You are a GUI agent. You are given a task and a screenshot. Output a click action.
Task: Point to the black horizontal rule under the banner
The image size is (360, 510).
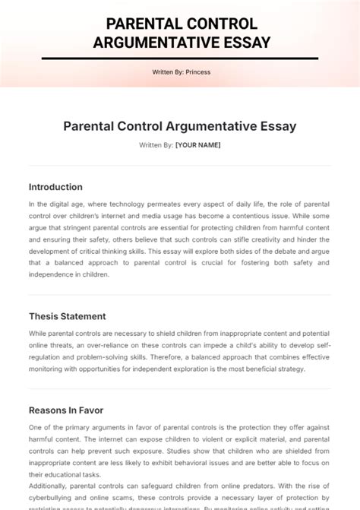179,59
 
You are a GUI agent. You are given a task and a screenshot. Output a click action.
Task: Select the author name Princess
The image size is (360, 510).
197,72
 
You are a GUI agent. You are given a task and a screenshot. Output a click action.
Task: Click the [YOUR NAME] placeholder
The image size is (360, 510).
197,144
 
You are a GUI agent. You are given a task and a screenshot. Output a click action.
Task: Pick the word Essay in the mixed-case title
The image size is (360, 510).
274,126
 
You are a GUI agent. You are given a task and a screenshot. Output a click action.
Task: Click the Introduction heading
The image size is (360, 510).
55,187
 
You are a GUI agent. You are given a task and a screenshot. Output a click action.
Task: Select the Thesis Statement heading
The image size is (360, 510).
67,316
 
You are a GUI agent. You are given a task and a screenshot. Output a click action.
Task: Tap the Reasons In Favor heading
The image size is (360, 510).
66,410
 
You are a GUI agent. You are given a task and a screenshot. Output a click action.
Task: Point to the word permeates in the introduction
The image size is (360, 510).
178,204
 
